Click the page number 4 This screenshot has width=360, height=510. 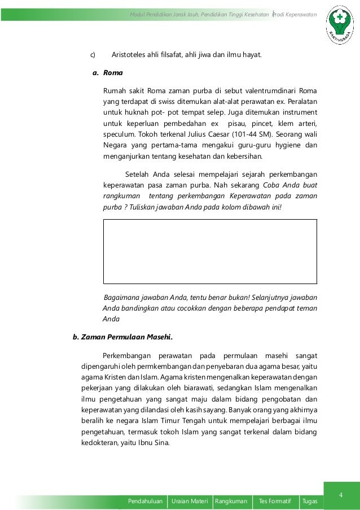341,495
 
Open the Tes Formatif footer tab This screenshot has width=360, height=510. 275,501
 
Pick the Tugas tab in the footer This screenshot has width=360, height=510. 309,501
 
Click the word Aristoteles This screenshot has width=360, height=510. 133,55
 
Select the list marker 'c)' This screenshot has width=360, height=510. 93,55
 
